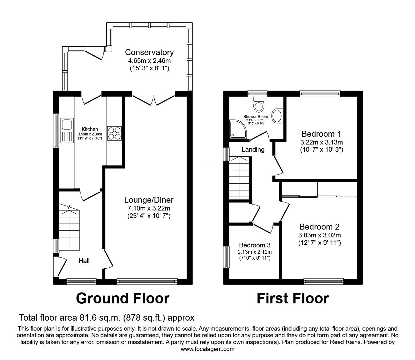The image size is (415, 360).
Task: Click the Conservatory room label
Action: coord(149,52)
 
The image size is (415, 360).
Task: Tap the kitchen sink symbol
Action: coord(67,131)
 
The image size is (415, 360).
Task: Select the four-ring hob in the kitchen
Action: coord(114,133)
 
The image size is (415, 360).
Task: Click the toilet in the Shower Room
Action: coord(258,104)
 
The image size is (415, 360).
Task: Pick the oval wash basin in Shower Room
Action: coord(277,116)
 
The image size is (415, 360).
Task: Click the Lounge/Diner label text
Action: coord(149,200)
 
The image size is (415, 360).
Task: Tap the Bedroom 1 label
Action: coord(321,134)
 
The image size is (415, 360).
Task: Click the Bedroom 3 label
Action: coord(255,245)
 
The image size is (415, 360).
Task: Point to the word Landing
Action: coord(253,150)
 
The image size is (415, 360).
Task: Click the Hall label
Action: coord(84,261)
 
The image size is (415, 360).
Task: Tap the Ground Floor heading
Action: coord(122,298)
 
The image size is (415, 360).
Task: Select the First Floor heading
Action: coord(292,298)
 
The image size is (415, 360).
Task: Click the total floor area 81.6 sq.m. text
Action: coord(107,318)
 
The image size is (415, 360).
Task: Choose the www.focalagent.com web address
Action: coord(207,349)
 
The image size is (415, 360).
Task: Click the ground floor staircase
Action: coord(69,230)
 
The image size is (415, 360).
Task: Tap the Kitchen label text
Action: coord(90,129)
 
